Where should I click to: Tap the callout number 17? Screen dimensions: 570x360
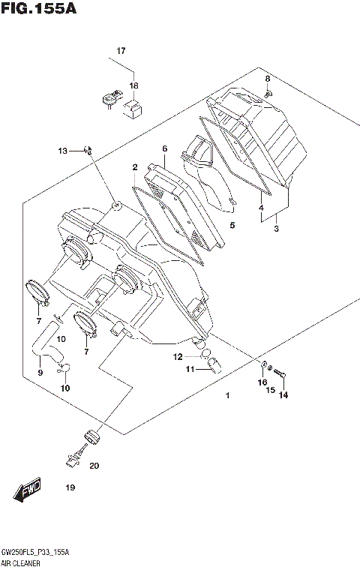(x=120, y=51)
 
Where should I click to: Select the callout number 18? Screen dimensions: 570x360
(x=134, y=86)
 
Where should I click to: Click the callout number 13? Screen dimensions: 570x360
(x=63, y=151)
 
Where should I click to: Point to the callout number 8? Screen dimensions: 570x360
(x=267, y=79)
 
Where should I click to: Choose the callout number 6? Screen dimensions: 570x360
(x=163, y=148)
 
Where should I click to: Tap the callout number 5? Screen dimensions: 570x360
(x=232, y=225)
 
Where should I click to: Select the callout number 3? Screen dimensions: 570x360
(x=276, y=229)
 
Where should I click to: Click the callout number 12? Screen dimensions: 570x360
(x=178, y=356)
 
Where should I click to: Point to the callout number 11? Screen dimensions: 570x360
(x=190, y=370)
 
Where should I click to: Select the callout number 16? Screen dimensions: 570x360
(x=262, y=382)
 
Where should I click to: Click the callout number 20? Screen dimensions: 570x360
(x=94, y=466)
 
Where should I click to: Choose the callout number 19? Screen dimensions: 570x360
(x=70, y=488)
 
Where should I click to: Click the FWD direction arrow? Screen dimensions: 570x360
(x=28, y=491)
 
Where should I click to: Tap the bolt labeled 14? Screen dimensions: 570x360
(x=281, y=370)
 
